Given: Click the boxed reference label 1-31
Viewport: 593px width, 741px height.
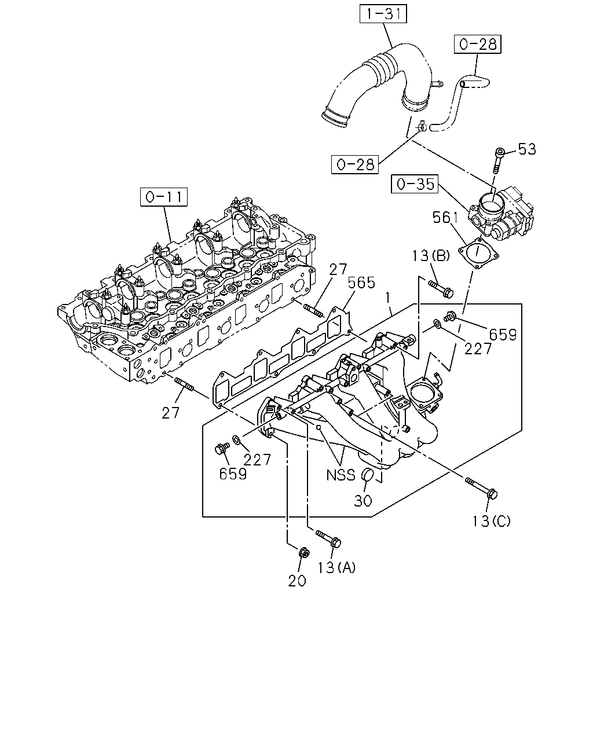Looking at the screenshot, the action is tap(383, 14).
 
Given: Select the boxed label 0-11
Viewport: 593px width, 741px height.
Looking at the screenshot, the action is tap(164, 197).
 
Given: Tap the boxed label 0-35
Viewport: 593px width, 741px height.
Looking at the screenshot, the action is tap(415, 184).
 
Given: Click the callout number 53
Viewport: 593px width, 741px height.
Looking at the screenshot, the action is tap(527, 149).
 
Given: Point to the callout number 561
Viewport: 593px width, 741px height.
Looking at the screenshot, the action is tap(445, 218).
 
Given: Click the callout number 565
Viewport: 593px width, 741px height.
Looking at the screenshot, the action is tap(361, 283).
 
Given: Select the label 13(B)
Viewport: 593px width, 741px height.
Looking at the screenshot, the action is tap(431, 255).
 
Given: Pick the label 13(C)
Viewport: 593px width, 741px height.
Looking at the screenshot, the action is tap(490, 521).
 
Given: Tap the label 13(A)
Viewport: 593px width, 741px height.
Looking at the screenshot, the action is tap(336, 567).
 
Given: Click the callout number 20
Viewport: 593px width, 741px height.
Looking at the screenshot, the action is tap(297, 581).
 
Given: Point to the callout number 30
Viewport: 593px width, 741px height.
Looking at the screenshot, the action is tap(363, 501).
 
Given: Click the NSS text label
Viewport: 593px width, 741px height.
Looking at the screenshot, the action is tap(341, 475).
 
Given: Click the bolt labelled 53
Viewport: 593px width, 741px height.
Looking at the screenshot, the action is tap(498, 160).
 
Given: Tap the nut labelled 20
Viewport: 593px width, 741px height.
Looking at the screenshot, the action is tap(304, 553).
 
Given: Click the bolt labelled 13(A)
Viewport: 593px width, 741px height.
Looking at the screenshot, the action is tap(328, 538).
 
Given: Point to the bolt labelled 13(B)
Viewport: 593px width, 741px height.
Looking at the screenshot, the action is tap(441, 288).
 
